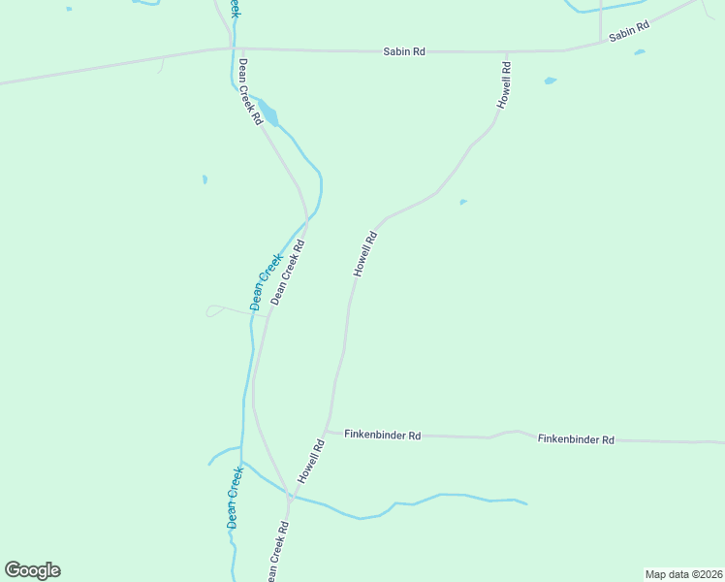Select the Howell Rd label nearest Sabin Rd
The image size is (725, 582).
point(504,84)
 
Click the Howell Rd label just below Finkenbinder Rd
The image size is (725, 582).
point(310,463)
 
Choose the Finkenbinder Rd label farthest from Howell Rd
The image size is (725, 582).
point(576,439)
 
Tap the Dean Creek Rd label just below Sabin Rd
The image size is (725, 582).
point(250,92)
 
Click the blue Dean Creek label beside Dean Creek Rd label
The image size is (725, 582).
point(265,280)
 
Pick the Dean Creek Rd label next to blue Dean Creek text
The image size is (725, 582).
point(289,273)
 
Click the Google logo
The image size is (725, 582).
point(32,570)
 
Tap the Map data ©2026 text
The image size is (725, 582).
point(683,574)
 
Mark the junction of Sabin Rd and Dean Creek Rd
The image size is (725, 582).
point(233,48)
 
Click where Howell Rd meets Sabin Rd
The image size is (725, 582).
point(507,51)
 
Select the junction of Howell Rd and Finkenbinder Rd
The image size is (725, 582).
point(328,432)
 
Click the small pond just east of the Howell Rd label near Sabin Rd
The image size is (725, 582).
point(550,81)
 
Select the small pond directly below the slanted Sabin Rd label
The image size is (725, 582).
point(639,52)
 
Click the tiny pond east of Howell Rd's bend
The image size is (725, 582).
point(463,203)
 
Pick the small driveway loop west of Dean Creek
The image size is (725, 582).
point(214,310)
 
